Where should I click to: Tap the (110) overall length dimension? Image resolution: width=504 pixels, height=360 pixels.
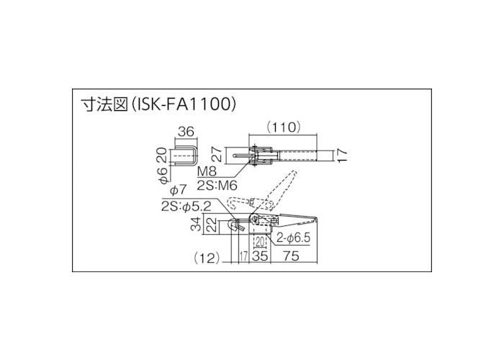[282, 127]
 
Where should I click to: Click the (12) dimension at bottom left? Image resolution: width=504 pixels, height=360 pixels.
[207, 255]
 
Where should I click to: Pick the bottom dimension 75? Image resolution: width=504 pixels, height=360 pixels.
[293, 255]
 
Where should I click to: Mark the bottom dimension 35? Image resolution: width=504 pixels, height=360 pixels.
[260, 255]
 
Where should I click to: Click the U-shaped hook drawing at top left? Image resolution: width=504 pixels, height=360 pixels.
[189, 156]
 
